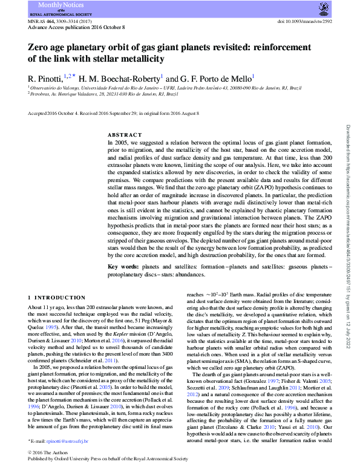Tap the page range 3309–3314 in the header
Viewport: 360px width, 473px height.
click(x=70, y=21)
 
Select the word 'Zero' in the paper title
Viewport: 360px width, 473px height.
click(x=40, y=47)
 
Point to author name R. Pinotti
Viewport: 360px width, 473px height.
click(x=47, y=78)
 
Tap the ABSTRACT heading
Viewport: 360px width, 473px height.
click(x=125, y=135)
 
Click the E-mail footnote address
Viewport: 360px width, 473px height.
click(x=68, y=442)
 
